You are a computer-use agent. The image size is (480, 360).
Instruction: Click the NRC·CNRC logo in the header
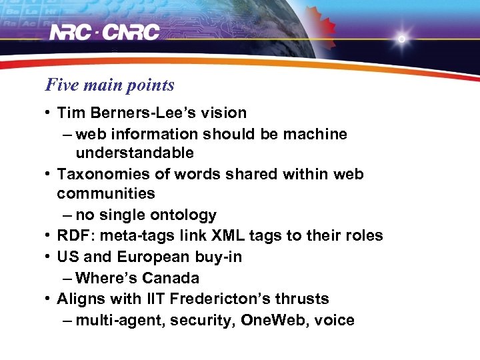pos(105,32)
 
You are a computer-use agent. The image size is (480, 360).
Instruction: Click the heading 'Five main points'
pos(109,85)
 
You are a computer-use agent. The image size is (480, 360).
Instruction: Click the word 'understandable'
pos(135,153)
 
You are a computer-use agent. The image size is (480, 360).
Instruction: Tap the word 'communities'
pos(105,194)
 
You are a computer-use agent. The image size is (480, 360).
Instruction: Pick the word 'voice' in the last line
pos(335,321)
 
